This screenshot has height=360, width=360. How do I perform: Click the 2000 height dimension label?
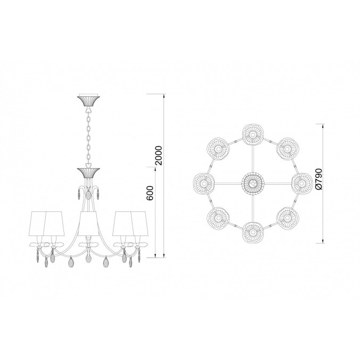tap(158, 156)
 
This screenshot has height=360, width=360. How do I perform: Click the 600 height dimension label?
tap(150, 193)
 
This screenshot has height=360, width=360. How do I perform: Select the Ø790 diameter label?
tap(319, 179)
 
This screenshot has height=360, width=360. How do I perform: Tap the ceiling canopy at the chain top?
tap(88, 100)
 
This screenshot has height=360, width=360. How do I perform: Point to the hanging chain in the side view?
tap(88, 137)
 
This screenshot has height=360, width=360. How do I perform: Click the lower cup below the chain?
tap(88, 173)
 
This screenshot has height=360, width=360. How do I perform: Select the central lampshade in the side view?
tap(88, 223)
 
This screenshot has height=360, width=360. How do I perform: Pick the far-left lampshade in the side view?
tap(39, 223)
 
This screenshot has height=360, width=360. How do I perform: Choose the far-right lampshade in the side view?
tap(140, 223)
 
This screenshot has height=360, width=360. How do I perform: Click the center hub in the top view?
tap(252, 183)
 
